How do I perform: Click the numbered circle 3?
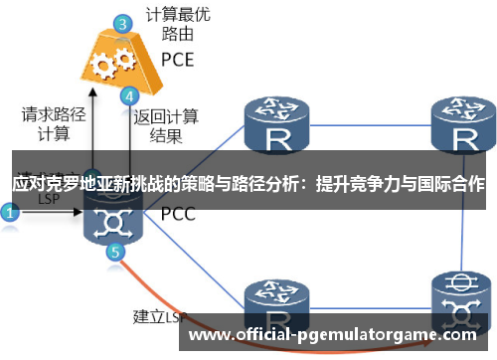pyautogui.click(x=122, y=23)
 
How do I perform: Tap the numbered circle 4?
pyautogui.click(x=128, y=97)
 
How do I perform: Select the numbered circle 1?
pyautogui.click(x=10, y=212)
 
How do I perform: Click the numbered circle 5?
pyautogui.click(x=116, y=254)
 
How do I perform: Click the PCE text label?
pyautogui.click(x=178, y=59)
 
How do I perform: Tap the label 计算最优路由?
pyautogui.click(x=178, y=24)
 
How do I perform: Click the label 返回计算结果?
pyautogui.click(x=167, y=125)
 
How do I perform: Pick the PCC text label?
pyautogui.click(x=178, y=213)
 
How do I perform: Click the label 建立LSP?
pyautogui.click(x=160, y=318)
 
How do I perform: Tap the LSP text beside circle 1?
pyautogui.click(x=49, y=198)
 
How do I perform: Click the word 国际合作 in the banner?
pyautogui.click(x=448, y=184)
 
